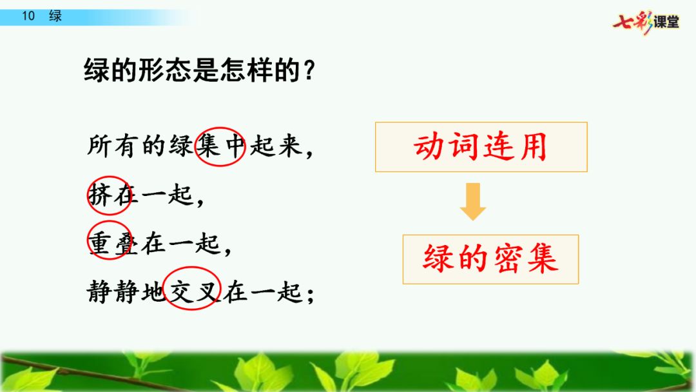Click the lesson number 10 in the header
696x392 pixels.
pyautogui.click(x=28, y=16)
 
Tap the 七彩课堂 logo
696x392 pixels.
pyautogui.click(x=646, y=22)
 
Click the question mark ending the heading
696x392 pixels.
pyautogui.click(x=310, y=71)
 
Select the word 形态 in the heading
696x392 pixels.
pyautogui.click(x=152, y=70)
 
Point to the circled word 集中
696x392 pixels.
pyautogui.click(x=220, y=146)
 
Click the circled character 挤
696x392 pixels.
pyautogui.click(x=99, y=195)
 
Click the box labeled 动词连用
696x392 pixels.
pyautogui.click(x=481, y=147)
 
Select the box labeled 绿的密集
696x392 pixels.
pyautogui.click(x=490, y=259)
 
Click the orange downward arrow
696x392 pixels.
pyautogui.click(x=473, y=202)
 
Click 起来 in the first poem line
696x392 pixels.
pyautogui.click(x=276, y=146)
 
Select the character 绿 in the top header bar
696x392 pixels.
pyautogui.click(x=55, y=16)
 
